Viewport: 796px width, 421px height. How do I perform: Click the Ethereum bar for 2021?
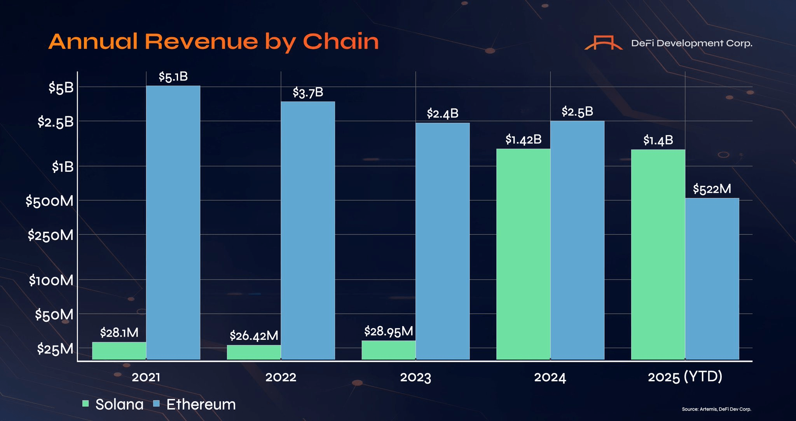point(173,222)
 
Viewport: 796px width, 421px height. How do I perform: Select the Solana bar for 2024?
point(523,253)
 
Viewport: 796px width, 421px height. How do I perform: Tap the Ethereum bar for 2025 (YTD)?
point(712,278)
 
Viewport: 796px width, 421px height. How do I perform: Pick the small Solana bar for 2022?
point(254,352)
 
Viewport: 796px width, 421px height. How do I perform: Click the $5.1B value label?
point(173,77)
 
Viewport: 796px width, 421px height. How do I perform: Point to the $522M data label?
point(712,189)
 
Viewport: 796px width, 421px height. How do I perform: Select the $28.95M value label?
point(388,332)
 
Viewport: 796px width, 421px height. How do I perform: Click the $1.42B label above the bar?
point(523,140)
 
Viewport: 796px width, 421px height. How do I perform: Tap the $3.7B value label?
point(308,93)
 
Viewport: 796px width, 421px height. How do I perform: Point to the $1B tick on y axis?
point(63,167)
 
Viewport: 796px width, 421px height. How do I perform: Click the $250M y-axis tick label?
point(51,235)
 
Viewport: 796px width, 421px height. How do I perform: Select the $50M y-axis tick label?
point(54,314)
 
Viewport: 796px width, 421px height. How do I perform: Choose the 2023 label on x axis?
point(415,377)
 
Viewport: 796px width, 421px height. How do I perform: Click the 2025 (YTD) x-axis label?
point(685,377)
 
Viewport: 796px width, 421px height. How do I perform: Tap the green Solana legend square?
point(86,404)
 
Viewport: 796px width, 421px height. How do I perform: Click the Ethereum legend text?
point(201,404)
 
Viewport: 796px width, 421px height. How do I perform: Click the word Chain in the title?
point(340,42)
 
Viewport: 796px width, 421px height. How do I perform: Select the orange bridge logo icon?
point(603,43)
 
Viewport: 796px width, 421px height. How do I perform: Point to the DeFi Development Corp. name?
point(691,43)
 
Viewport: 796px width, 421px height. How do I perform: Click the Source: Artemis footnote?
point(716,409)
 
